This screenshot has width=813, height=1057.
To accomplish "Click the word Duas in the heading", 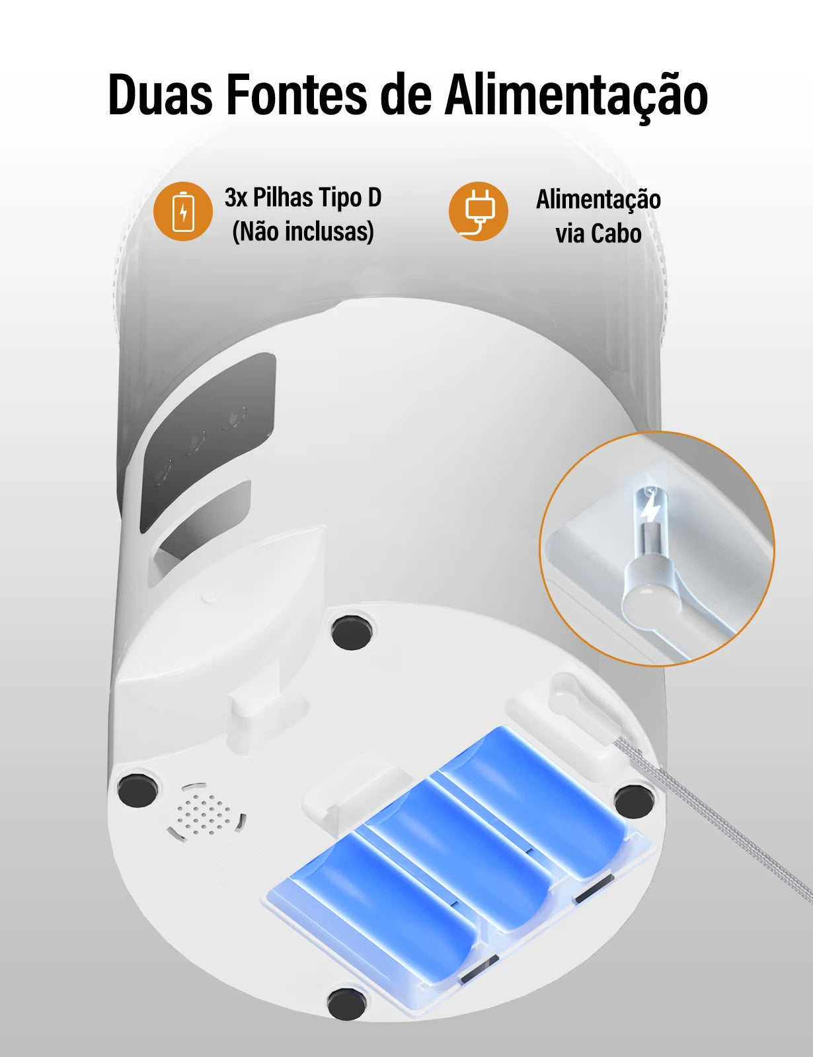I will click(x=160, y=96).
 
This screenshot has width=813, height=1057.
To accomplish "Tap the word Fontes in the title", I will click(x=295, y=96).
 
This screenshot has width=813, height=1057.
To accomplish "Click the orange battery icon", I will click(x=183, y=211).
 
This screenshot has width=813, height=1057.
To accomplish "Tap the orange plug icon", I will click(x=479, y=211).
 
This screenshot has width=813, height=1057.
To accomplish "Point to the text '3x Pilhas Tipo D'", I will click(x=303, y=198).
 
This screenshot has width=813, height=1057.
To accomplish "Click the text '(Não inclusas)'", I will click(x=303, y=231).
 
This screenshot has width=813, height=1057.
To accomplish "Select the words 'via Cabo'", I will click(x=598, y=234).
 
